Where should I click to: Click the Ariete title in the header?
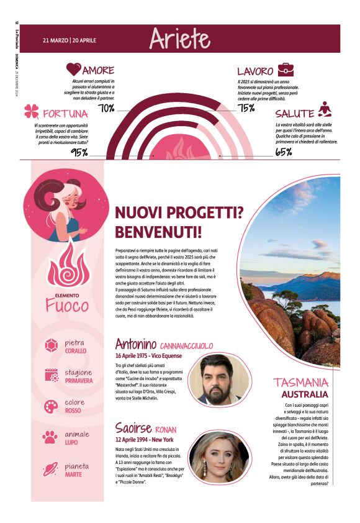[179, 39]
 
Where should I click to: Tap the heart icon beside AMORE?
[74, 70]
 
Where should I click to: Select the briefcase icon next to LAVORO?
[286, 70]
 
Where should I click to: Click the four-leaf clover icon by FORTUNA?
[32, 112]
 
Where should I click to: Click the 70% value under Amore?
[106, 109]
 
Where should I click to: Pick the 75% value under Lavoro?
[246, 109]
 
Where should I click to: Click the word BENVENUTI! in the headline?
[158, 233]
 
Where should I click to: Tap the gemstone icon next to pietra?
[52, 345]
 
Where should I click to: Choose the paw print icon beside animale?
[52, 437]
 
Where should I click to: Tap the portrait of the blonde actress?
[215, 458]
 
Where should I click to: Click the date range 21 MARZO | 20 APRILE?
[70, 40]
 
